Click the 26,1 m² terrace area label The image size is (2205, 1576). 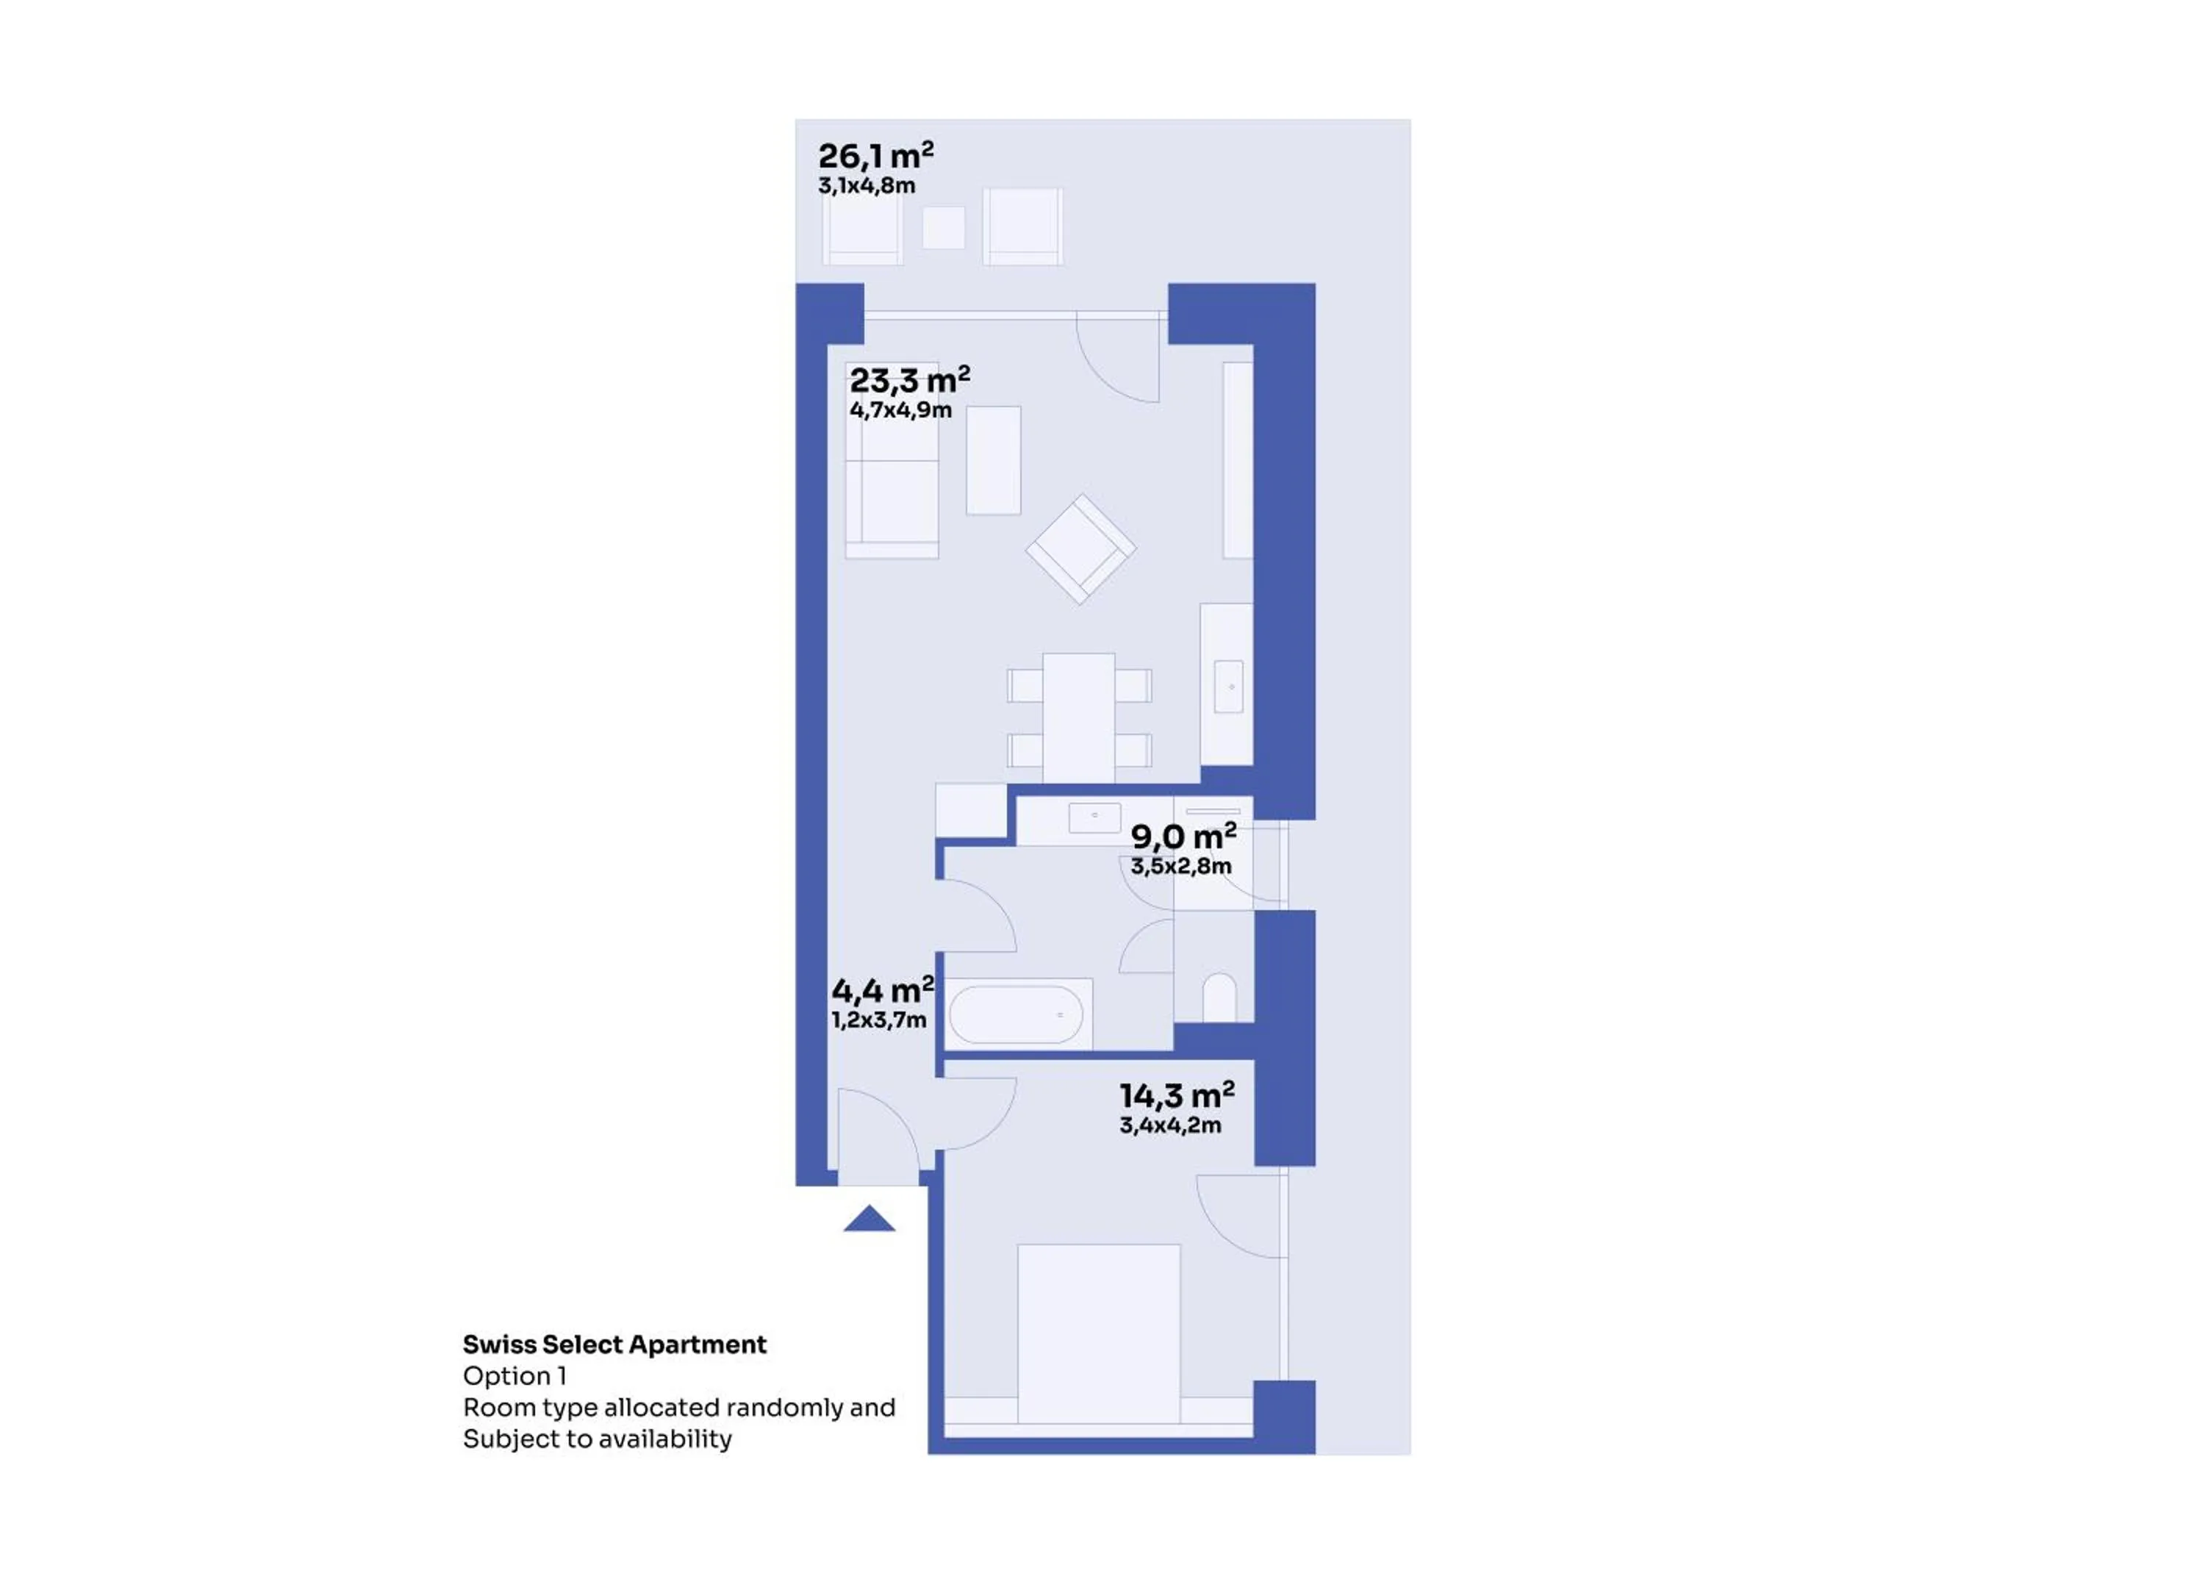click(x=875, y=155)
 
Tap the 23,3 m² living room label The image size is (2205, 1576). click(x=909, y=379)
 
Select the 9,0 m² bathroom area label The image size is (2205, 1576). click(x=1183, y=836)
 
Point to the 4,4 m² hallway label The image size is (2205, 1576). click(x=883, y=990)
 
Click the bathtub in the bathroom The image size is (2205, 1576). click(x=1016, y=1014)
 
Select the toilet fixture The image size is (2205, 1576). click(x=1219, y=997)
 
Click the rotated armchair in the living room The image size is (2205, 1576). click(x=1080, y=549)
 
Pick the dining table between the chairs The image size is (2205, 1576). click(x=1079, y=718)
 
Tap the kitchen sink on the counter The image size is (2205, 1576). click(x=1228, y=686)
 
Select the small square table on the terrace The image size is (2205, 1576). click(x=944, y=228)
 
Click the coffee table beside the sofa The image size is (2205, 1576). click(x=994, y=460)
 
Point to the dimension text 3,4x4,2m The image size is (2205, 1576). click(x=1170, y=1125)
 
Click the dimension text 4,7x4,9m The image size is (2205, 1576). click(x=900, y=410)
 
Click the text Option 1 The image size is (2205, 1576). click(x=514, y=1376)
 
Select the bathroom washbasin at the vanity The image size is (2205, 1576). click(x=1094, y=817)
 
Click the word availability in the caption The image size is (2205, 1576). click(x=667, y=1439)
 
